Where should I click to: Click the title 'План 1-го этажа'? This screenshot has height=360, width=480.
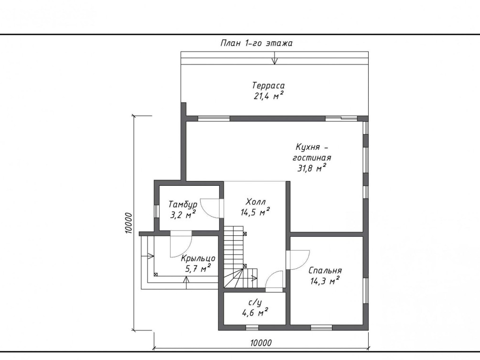pyautogui.click(x=256, y=43)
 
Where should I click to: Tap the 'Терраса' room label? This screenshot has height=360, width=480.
pyautogui.click(x=268, y=85)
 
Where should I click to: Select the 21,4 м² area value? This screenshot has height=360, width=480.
pyautogui.click(x=268, y=96)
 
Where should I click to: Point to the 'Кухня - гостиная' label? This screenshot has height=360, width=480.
pyautogui.click(x=311, y=152)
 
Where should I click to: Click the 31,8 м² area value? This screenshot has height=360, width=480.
pyautogui.click(x=311, y=168)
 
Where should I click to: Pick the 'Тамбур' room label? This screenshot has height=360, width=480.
pyautogui.click(x=183, y=204)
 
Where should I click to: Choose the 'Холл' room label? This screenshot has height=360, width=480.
pyautogui.click(x=256, y=202)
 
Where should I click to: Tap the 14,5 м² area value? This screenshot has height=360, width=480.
pyautogui.click(x=255, y=212)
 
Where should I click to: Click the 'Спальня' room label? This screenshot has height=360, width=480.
pyautogui.click(x=325, y=271)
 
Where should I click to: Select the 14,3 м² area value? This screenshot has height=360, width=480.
pyautogui.click(x=325, y=281)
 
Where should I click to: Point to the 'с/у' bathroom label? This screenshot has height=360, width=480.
pyautogui.click(x=255, y=303)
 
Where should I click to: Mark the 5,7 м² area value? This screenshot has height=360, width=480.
pyautogui.click(x=198, y=269)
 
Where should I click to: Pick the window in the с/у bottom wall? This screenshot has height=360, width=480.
pyautogui.click(x=252, y=328)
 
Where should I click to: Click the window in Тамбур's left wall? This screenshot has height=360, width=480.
pyautogui.click(x=157, y=211)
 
